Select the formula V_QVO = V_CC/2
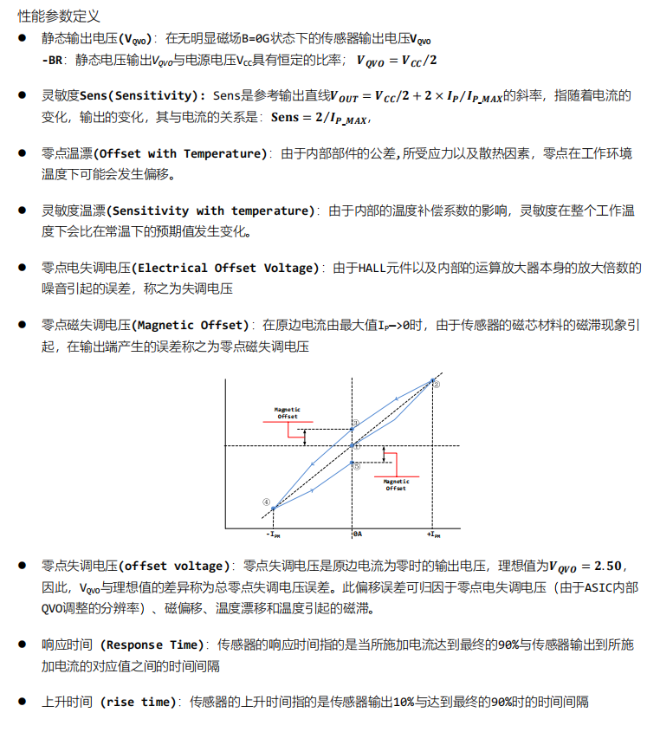tap(398, 60)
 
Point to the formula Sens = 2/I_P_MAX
tap(320, 118)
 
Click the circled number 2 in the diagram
tap(437, 384)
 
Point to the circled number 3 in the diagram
tap(353, 424)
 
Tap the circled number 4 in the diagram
tap(267, 502)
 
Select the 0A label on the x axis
tap(357, 534)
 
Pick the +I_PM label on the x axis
tap(433, 534)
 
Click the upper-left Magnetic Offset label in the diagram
tap(287, 412)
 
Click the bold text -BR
tap(53, 60)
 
